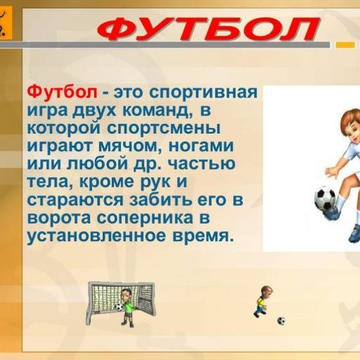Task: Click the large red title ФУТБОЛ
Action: coord(207,29)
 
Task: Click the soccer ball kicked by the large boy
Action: coord(325,198)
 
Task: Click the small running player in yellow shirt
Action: coord(262,301)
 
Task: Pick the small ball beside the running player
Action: coord(281,321)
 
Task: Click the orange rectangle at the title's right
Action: coord(345,44)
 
